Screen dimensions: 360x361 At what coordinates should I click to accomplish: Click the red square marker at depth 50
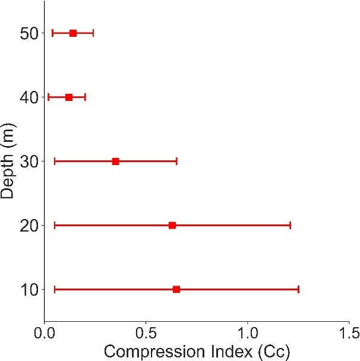[x=73, y=33]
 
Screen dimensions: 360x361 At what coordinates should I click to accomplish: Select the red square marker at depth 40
[x=69, y=97]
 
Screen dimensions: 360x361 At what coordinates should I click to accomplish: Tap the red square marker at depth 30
[x=116, y=161]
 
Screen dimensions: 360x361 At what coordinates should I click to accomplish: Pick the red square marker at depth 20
[x=172, y=226]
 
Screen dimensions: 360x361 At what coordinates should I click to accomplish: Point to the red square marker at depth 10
[x=176, y=289]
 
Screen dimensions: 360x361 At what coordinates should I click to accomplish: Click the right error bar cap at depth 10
[x=298, y=289]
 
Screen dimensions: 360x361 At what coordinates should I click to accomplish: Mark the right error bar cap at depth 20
[x=290, y=226]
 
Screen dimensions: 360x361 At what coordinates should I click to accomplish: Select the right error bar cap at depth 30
[x=176, y=161]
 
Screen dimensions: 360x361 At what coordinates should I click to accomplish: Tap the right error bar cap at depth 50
[x=93, y=33]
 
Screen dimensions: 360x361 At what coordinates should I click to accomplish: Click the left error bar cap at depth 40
[x=48, y=97]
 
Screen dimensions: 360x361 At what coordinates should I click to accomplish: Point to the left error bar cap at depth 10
[x=55, y=289]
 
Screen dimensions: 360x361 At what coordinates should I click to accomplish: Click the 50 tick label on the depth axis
[x=29, y=34]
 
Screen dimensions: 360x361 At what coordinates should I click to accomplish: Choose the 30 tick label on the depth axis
[x=29, y=161]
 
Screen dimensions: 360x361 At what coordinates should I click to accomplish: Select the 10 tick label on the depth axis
[x=29, y=290]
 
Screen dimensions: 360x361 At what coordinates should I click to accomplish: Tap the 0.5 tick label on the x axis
[x=146, y=333]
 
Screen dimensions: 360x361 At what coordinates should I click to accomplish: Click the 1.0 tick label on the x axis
[x=247, y=333]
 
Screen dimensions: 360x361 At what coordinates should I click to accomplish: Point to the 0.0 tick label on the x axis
[x=45, y=333]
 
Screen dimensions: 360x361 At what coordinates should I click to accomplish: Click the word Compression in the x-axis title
[x=154, y=352]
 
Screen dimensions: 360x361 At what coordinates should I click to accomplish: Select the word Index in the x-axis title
[x=231, y=351]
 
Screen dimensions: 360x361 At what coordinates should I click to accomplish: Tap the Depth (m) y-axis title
[x=7, y=161]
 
